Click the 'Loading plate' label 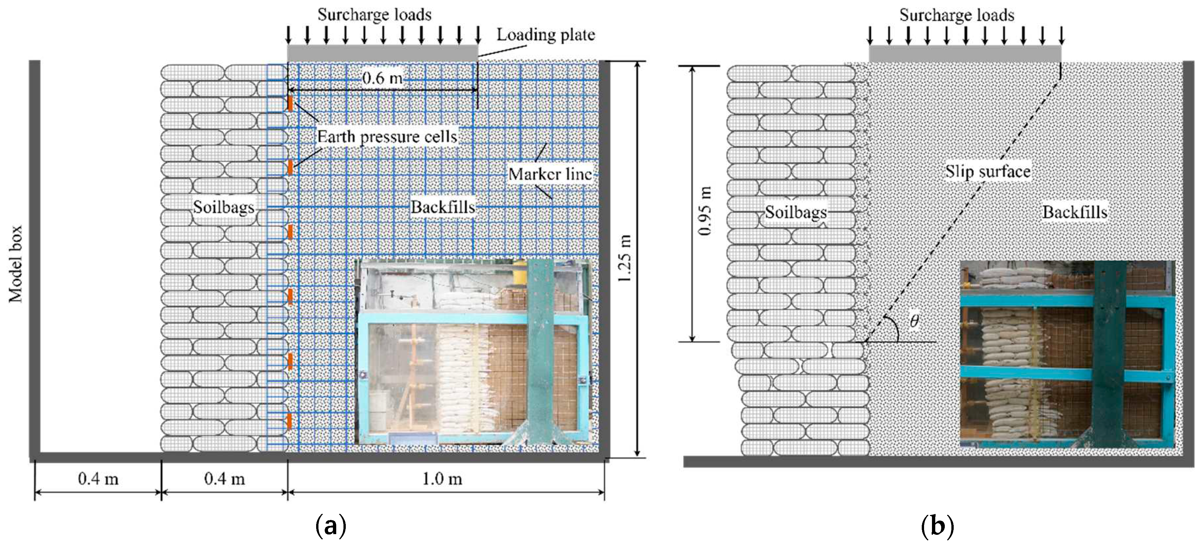pos(545,35)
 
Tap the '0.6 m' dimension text pos(382,78)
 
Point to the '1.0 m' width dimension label pos(442,479)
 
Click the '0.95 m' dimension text pos(705,211)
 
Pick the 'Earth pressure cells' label pos(387,136)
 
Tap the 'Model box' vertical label pos(16,264)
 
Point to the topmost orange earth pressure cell pos(290,103)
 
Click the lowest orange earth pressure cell pos(290,420)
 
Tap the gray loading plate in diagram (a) pos(382,53)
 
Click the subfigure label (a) pos(331,526)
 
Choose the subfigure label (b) pos(937,526)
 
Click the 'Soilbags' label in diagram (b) pos(796,212)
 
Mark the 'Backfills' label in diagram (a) pos(442,207)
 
